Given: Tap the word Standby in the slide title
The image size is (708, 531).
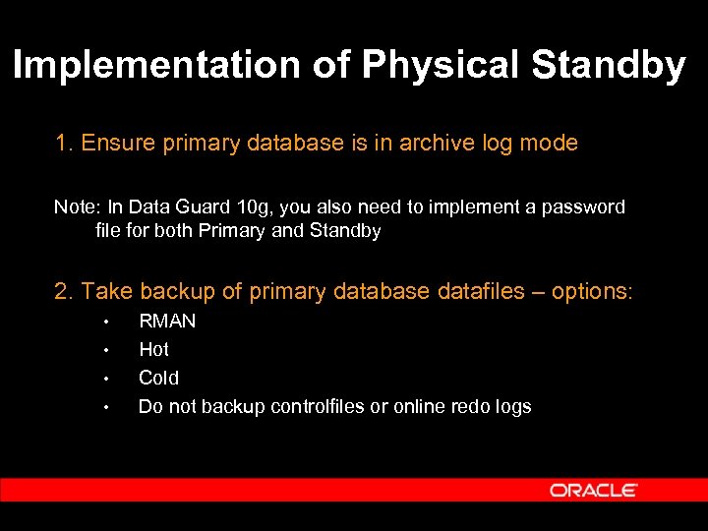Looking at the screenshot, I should (608, 66).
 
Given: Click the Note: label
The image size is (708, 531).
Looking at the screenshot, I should (76, 207).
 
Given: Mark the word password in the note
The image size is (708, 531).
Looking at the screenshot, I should (585, 207).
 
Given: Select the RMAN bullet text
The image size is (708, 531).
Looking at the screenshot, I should (167, 322).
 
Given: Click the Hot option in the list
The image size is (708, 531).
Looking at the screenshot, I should (153, 350).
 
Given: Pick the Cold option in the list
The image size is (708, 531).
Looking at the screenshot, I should (158, 379).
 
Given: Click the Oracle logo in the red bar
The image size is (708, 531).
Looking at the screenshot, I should (593, 490).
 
